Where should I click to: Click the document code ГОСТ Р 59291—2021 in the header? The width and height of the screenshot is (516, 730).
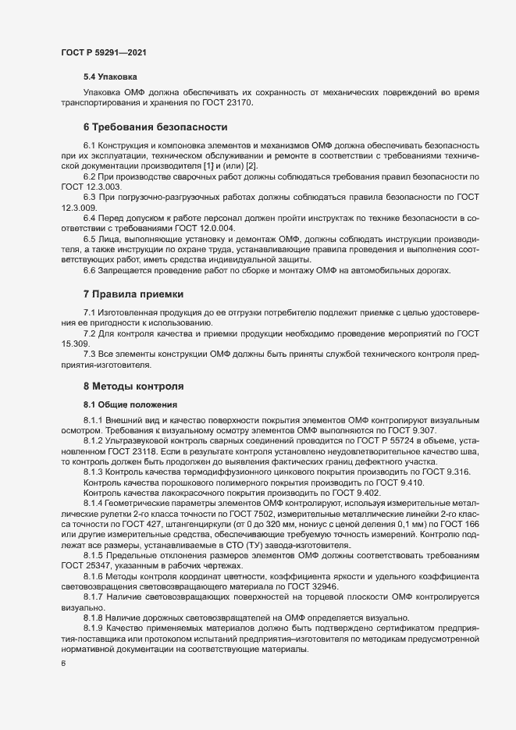[103, 52]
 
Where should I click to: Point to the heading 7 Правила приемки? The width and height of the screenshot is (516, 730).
[133, 294]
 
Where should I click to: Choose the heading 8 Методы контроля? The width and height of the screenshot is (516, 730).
[133, 386]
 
